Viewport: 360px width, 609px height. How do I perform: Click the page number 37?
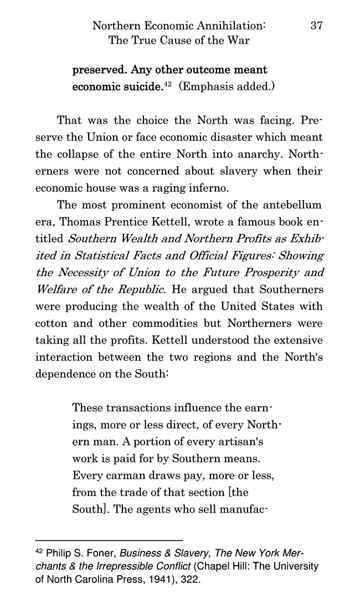pos(317,25)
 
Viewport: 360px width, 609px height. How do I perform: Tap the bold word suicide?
pos(140,87)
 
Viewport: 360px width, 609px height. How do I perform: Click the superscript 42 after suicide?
pos(167,84)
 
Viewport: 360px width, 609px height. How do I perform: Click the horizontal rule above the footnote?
pos(109,540)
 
